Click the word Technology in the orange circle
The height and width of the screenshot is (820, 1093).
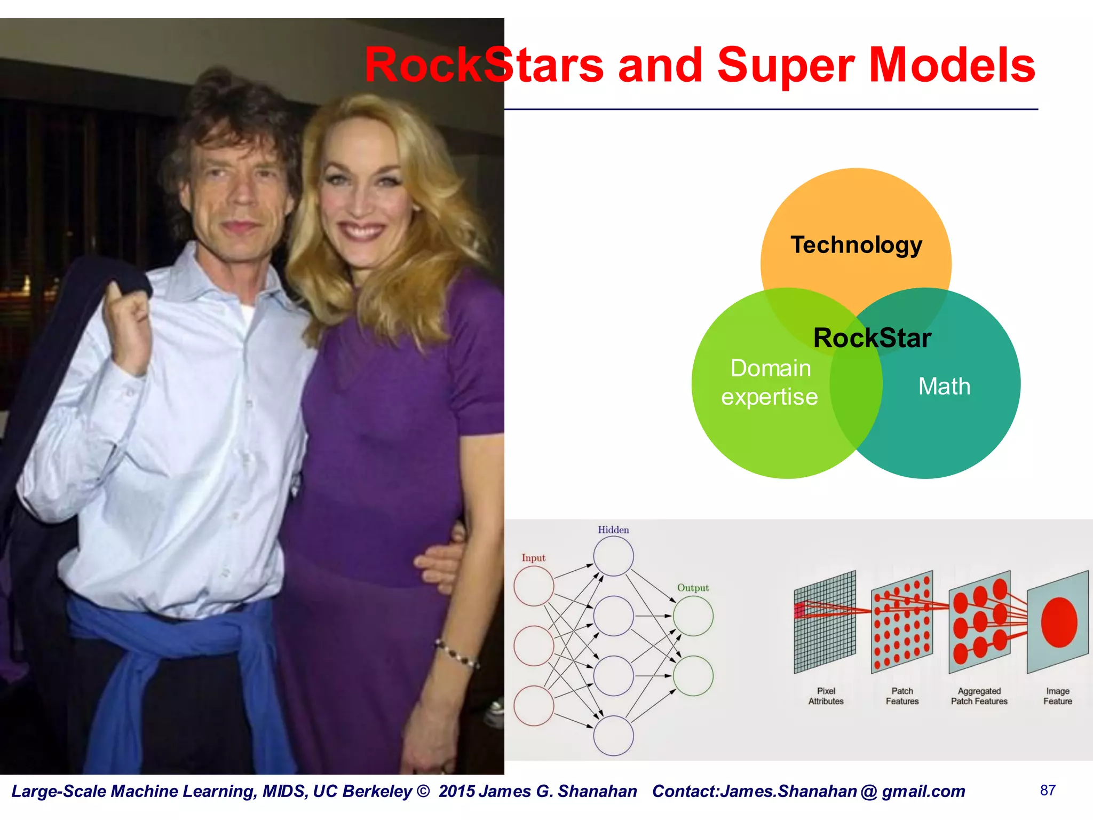click(856, 246)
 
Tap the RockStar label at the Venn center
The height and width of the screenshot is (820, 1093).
click(872, 338)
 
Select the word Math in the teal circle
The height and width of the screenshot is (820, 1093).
click(944, 387)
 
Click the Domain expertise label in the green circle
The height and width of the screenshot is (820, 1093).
click(770, 383)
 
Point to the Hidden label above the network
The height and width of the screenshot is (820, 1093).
click(613, 530)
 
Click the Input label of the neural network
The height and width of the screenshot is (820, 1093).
click(533, 558)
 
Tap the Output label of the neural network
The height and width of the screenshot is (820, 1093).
click(693, 588)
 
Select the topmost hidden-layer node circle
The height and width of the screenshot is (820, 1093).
click(613, 556)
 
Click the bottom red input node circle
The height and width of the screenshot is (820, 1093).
click(534, 706)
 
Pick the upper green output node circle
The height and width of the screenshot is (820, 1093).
click(693, 616)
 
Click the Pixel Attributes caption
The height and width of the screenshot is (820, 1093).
click(826, 696)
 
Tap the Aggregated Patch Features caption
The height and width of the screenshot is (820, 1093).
click(979, 696)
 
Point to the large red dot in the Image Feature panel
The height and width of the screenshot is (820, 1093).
click(1059, 622)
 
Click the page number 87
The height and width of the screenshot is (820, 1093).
click(1048, 791)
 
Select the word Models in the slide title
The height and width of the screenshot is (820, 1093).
click(952, 65)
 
